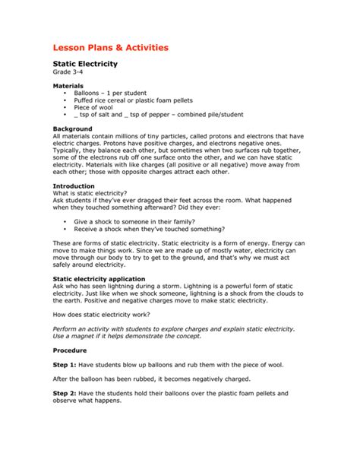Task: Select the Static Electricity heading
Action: pos(90,67)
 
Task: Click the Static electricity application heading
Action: pos(98,280)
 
